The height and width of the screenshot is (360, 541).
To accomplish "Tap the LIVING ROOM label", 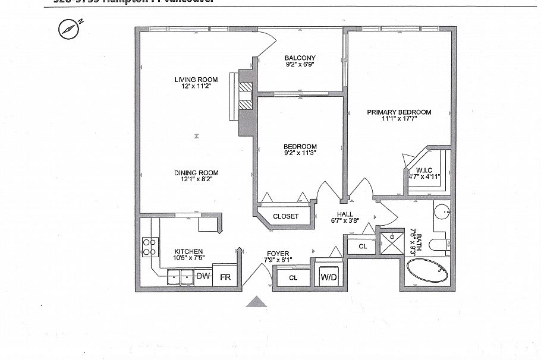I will (196, 80).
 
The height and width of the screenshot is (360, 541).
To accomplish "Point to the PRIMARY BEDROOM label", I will (398, 112).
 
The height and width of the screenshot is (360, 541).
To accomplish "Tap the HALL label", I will (345, 214).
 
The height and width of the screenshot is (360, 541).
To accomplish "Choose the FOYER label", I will (278, 252).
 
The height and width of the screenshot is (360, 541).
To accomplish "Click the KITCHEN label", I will (188, 251).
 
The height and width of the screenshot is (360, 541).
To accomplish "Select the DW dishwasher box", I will (203, 276).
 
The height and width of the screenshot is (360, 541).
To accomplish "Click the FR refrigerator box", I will (225, 277).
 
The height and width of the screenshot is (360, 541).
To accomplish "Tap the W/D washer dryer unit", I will (329, 277).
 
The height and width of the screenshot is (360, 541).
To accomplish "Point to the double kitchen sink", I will (181, 276).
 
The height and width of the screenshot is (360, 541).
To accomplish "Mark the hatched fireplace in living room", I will (246, 94).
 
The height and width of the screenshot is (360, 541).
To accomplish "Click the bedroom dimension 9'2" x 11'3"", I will (300, 153).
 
